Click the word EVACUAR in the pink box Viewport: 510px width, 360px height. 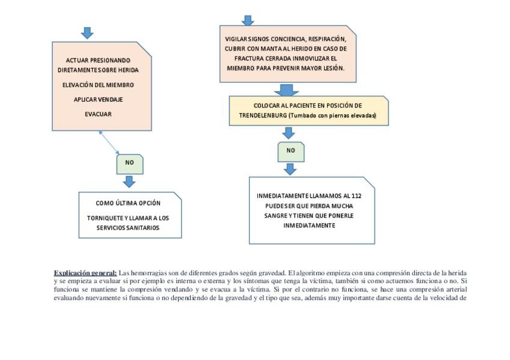98,114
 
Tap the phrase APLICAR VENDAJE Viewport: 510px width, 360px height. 98,99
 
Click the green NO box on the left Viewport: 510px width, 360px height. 129,163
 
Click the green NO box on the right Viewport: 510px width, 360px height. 290,151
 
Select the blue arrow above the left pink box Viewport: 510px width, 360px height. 87,33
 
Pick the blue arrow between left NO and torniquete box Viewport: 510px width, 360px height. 129,182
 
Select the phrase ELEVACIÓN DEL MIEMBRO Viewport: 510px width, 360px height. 98,85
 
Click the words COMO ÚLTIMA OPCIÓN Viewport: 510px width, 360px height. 128,203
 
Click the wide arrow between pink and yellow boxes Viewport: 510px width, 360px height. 287,90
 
